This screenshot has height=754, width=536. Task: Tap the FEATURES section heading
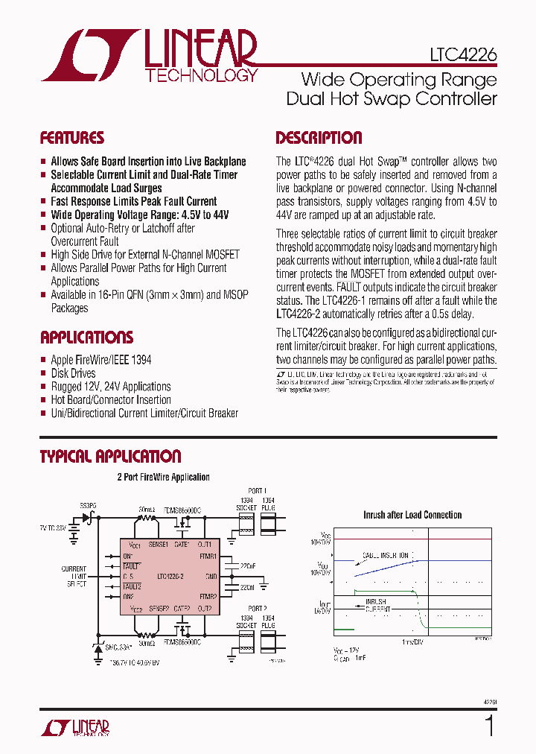(72, 138)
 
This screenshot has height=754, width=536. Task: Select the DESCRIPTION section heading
(319, 138)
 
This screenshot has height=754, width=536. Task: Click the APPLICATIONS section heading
(86, 337)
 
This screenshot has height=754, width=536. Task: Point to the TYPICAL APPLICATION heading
(110, 456)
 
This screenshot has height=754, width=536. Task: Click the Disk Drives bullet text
(73, 373)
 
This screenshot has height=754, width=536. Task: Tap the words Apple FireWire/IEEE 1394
(100, 360)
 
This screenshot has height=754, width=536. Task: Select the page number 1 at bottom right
(489, 725)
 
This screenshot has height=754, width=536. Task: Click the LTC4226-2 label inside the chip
(171, 576)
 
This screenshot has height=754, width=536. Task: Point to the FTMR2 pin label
(208, 597)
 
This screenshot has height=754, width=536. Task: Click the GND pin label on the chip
(211, 576)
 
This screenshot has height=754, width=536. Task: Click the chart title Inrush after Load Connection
(412, 515)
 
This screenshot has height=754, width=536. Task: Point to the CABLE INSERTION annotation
(386, 556)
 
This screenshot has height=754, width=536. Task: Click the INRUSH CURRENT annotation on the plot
(378, 604)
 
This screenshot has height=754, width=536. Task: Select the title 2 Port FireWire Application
(163, 477)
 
